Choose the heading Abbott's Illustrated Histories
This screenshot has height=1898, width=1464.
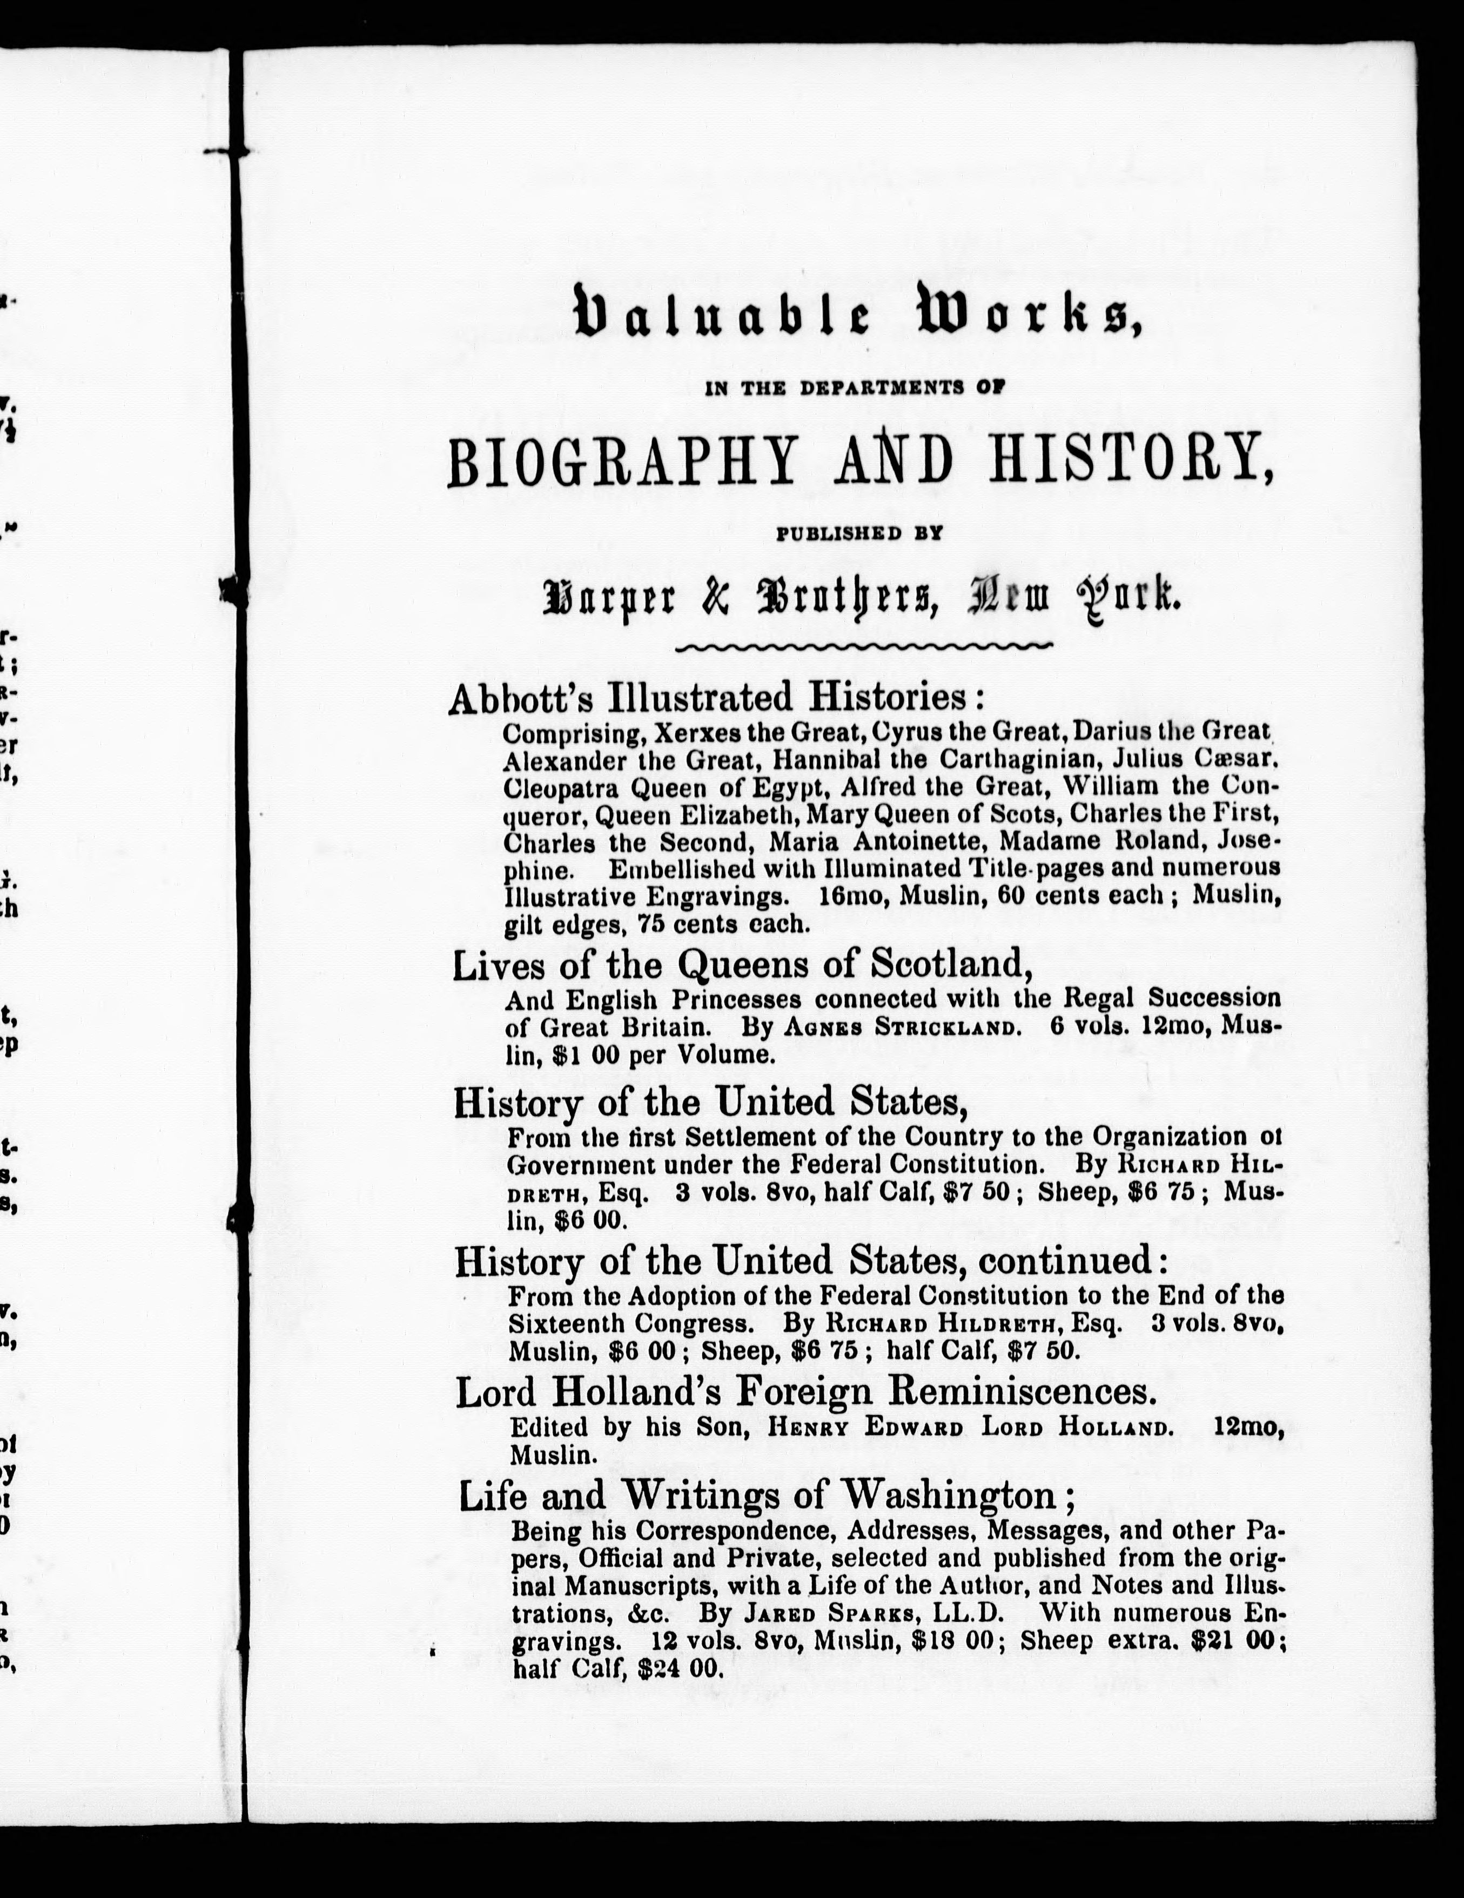click(x=717, y=698)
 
